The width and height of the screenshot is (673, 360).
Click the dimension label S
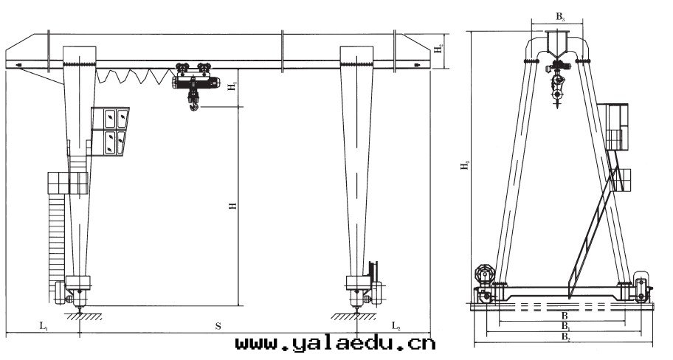point(218,327)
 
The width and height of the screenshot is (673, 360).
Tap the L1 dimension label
point(44,325)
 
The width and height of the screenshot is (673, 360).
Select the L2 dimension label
point(396,325)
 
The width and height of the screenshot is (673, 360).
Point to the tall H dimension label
point(233,206)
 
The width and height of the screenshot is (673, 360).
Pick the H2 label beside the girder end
point(438,49)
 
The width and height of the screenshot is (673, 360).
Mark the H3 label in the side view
point(465,165)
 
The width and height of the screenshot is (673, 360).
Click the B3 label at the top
point(561,17)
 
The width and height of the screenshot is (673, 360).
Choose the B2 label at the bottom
point(566,337)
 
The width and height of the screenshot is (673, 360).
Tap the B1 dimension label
point(566,326)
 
